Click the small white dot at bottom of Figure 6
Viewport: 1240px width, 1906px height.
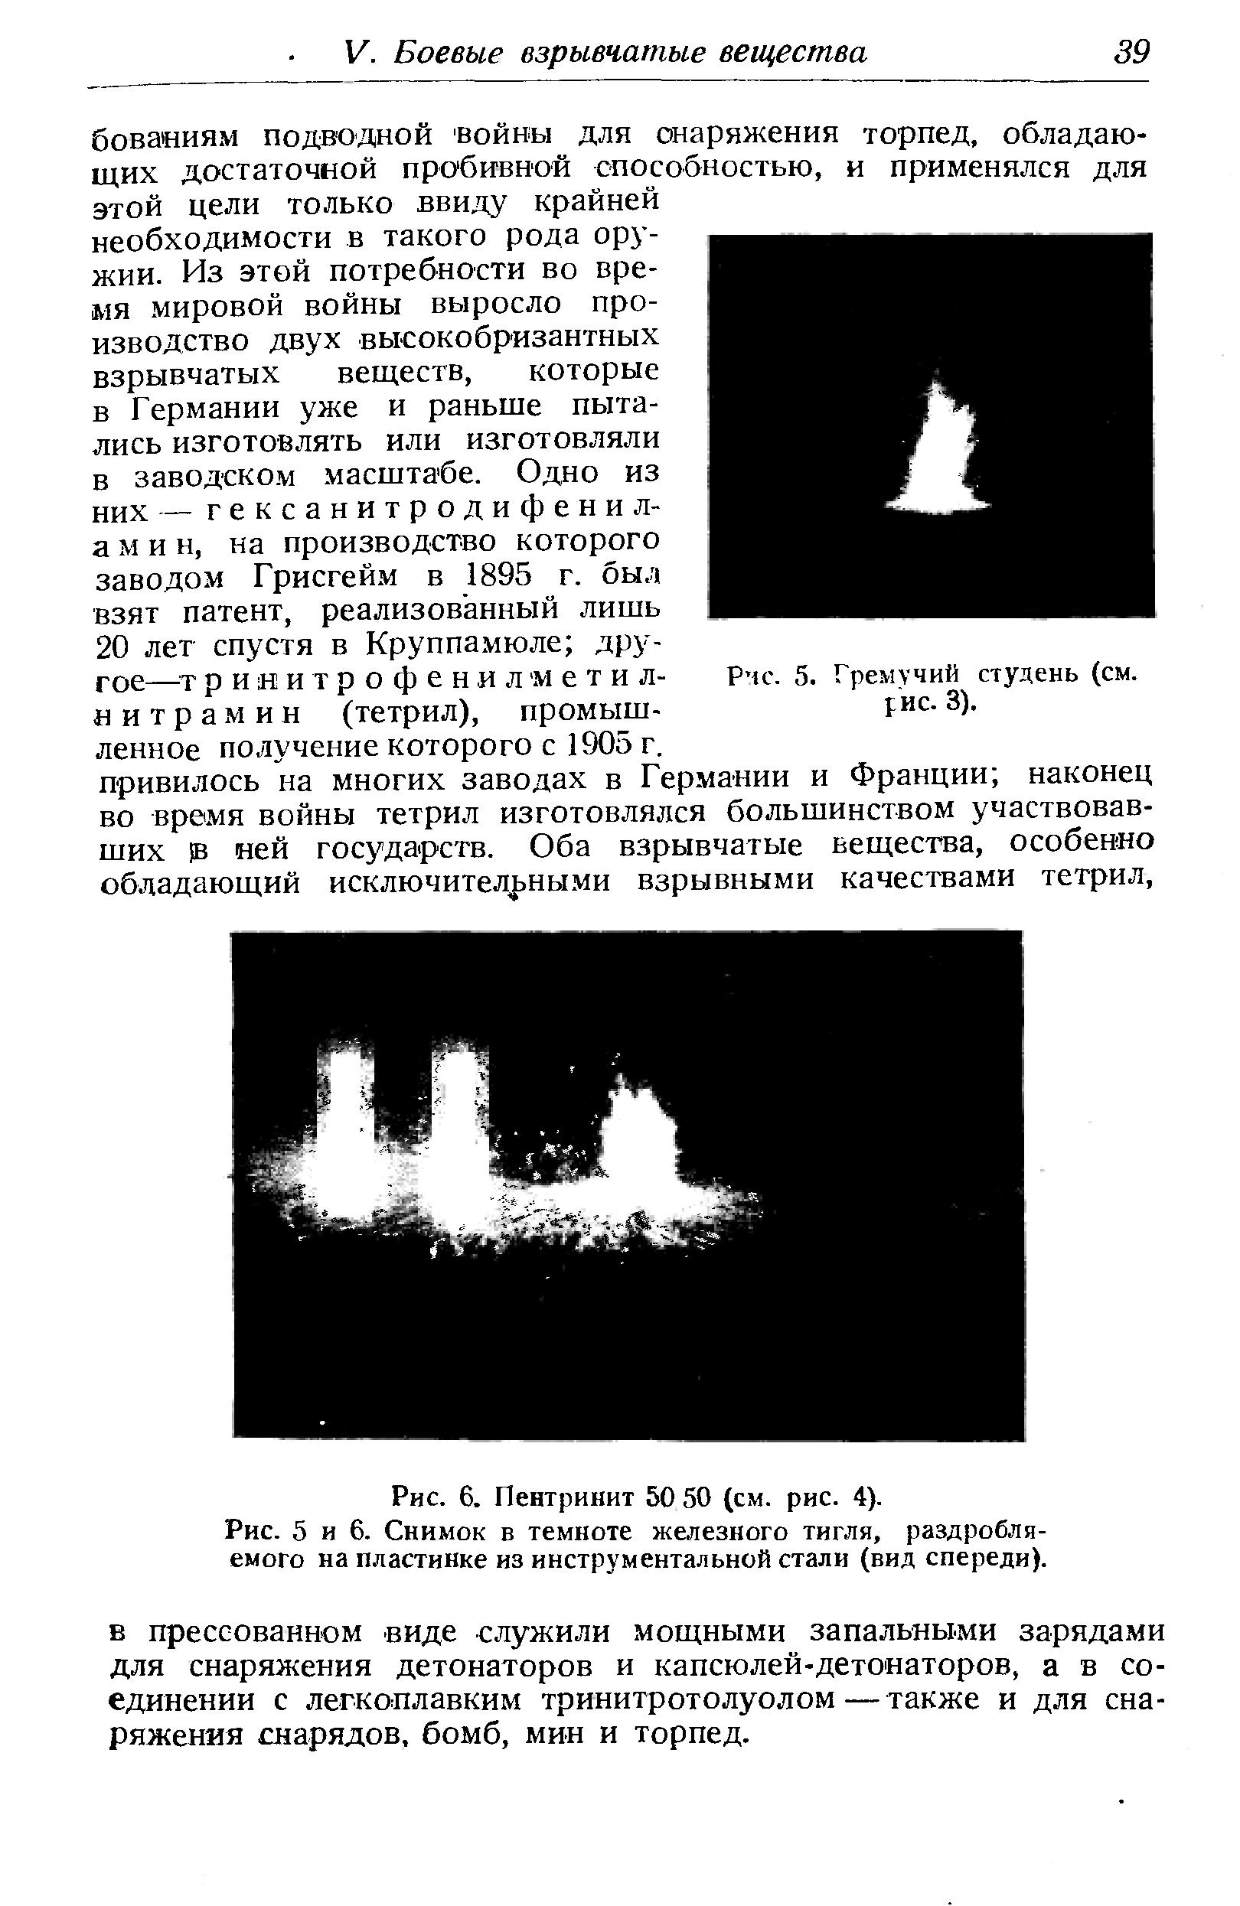click(x=323, y=1421)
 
